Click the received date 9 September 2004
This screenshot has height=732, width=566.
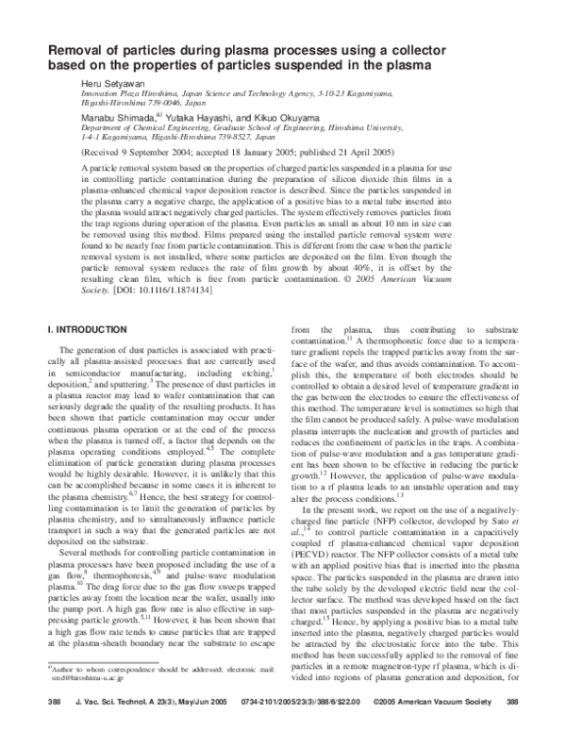[x=154, y=151]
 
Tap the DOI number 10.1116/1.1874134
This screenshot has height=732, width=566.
[x=175, y=289]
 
